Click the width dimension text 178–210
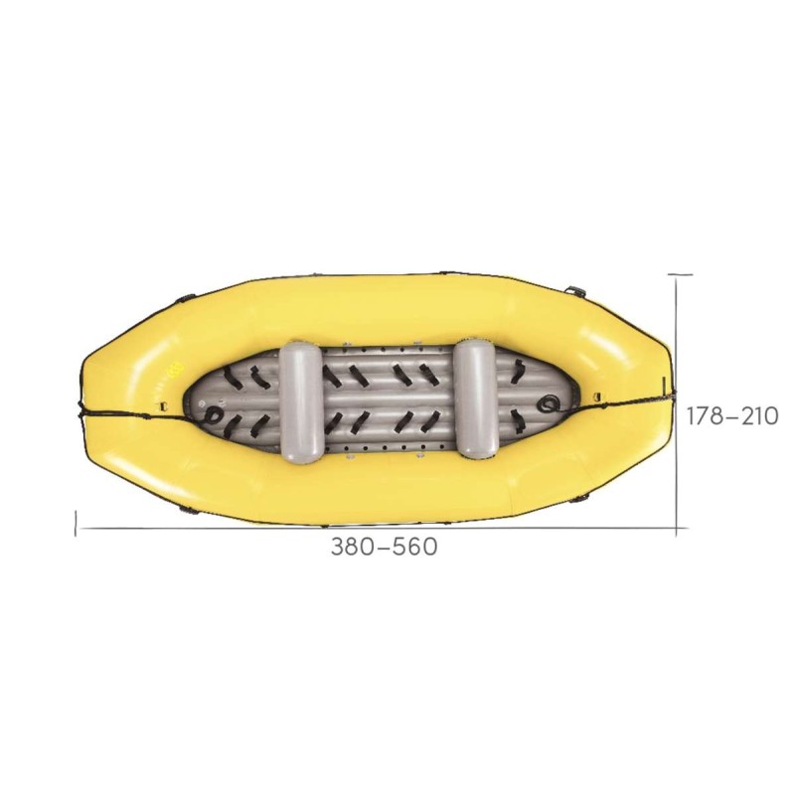pyautogui.click(x=731, y=416)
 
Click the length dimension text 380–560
pyautogui.click(x=384, y=547)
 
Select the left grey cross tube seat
pyautogui.click(x=301, y=402)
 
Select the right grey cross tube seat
pyautogui.click(x=476, y=397)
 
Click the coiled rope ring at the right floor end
pyautogui.click(x=550, y=403)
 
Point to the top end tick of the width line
pyautogui.click(x=680, y=273)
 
